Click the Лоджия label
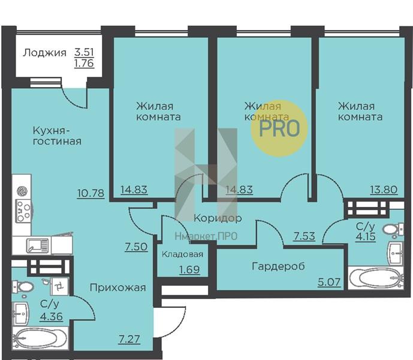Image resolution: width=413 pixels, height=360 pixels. pyautogui.click(x=44, y=53)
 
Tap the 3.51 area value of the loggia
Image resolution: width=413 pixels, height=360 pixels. pyautogui.click(x=84, y=52)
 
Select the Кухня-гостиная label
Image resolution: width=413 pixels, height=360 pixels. pyautogui.click(x=57, y=136)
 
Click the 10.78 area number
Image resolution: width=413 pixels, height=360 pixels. pyautogui.click(x=91, y=193)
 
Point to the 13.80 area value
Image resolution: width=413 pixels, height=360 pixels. pyautogui.click(x=384, y=190)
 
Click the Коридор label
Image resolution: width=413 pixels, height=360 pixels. pyautogui.click(x=218, y=218)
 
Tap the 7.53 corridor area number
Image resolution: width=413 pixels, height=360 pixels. pyautogui.click(x=305, y=236)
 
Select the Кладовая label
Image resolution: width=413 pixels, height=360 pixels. pyautogui.click(x=182, y=254)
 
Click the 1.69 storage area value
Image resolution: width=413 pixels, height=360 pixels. pyautogui.click(x=189, y=269)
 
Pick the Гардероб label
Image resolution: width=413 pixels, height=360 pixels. pyautogui.click(x=278, y=266)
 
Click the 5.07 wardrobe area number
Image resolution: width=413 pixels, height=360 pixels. pyautogui.click(x=329, y=282)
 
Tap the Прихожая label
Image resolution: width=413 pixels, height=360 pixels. pyautogui.click(x=117, y=287)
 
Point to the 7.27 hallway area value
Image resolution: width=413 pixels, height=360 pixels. pyautogui.click(x=129, y=339)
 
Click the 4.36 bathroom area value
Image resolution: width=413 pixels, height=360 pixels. pyautogui.click(x=52, y=316)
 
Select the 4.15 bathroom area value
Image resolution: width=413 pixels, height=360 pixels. pyautogui.click(x=366, y=236)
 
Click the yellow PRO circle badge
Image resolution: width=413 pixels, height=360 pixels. pyautogui.click(x=279, y=128)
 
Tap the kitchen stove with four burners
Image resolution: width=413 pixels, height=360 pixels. pyautogui.click(x=23, y=211)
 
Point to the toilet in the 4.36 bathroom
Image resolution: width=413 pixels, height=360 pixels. pyautogui.click(x=23, y=286)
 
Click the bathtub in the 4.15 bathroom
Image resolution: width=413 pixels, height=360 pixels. pyautogui.click(x=376, y=278)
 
